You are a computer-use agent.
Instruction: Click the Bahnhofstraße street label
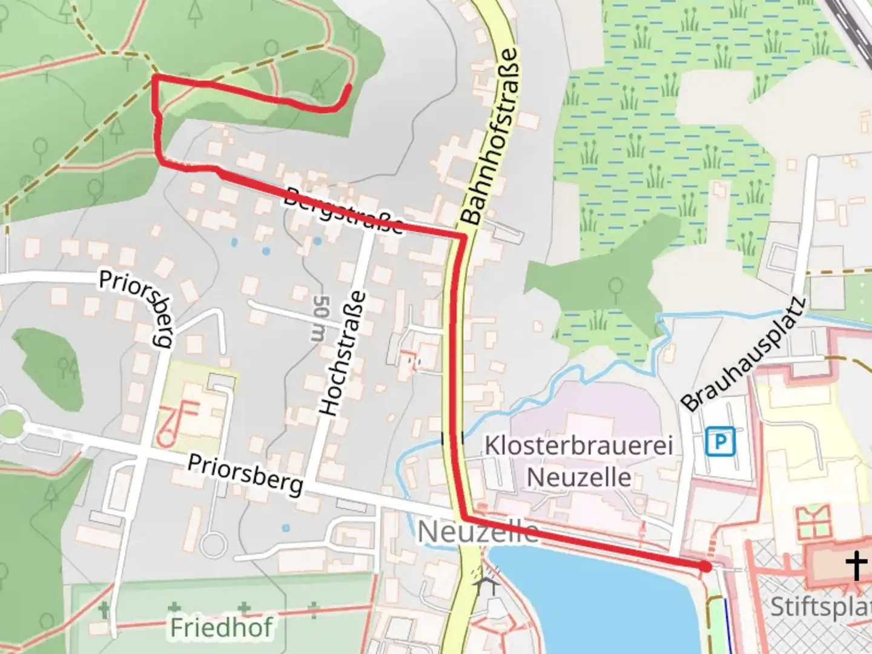(x=490, y=136)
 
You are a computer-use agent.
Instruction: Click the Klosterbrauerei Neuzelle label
(x=578, y=461)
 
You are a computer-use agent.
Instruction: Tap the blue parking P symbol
(x=720, y=441)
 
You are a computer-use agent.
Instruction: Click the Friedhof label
(x=221, y=627)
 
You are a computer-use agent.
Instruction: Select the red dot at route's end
(x=705, y=567)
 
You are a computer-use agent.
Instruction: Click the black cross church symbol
(x=856, y=566)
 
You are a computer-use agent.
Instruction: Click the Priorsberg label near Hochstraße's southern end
(x=245, y=474)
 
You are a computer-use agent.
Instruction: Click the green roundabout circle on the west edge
(x=10, y=423)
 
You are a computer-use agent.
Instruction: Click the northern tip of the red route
(x=349, y=87)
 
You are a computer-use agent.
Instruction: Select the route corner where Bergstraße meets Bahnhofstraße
(x=463, y=236)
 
